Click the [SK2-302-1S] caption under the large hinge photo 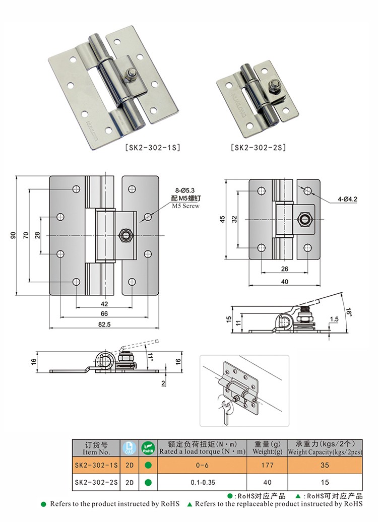pos(153,148)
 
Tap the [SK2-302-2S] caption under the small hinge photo pos(258,148)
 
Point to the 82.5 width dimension pos(105,325)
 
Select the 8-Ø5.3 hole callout pos(184,190)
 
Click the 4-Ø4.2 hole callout pos(347,199)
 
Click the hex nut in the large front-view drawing pos(125,235)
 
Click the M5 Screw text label pos(185,206)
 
